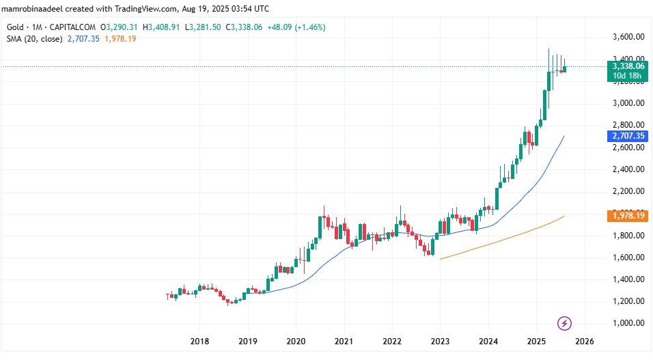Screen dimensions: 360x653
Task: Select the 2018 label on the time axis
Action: (x=199, y=342)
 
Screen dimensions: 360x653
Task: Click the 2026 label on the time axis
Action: (x=585, y=342)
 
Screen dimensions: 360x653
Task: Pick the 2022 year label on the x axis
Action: (x=392, y=342)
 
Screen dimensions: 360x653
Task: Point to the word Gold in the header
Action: (x=13, y=27)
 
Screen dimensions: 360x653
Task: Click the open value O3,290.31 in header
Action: (x=120, y=27)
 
